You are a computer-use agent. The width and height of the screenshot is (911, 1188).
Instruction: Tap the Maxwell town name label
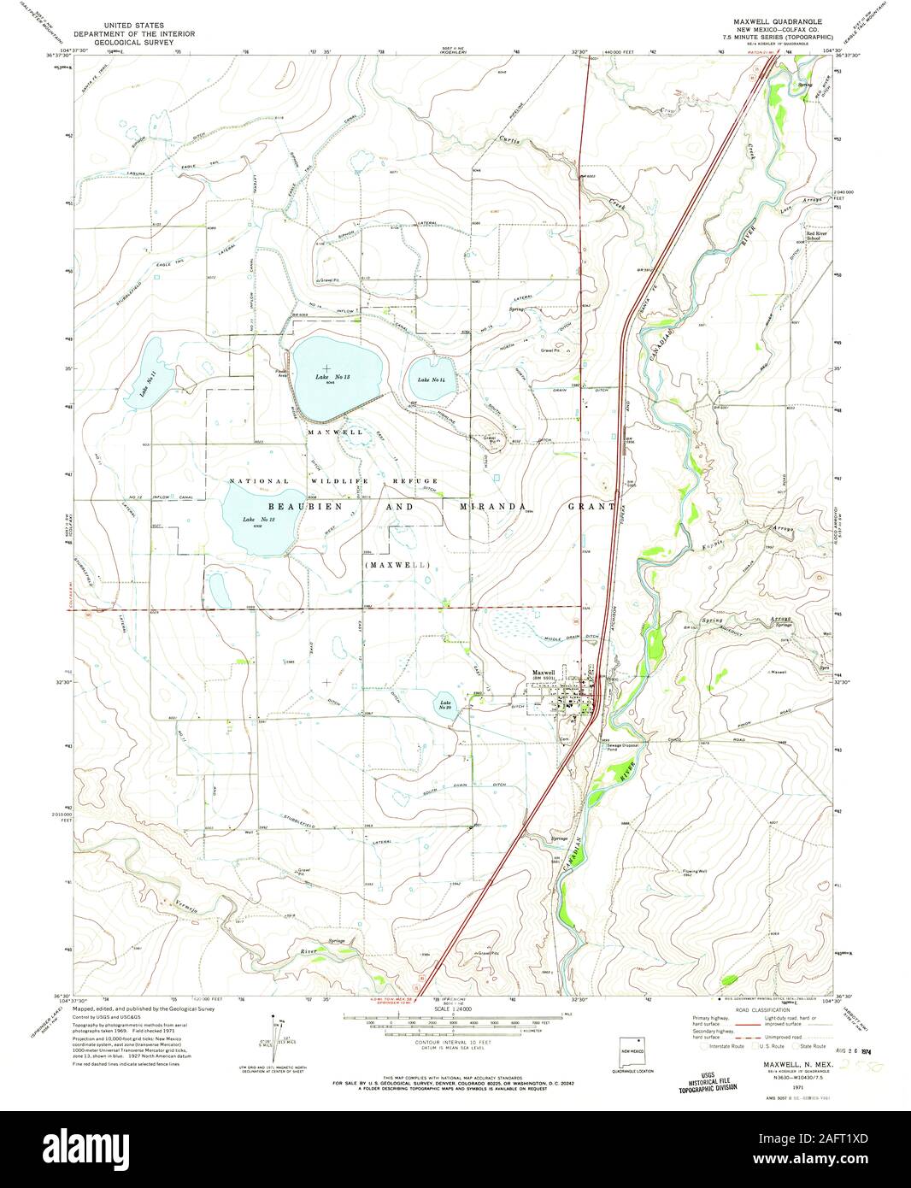coord(544,673)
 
